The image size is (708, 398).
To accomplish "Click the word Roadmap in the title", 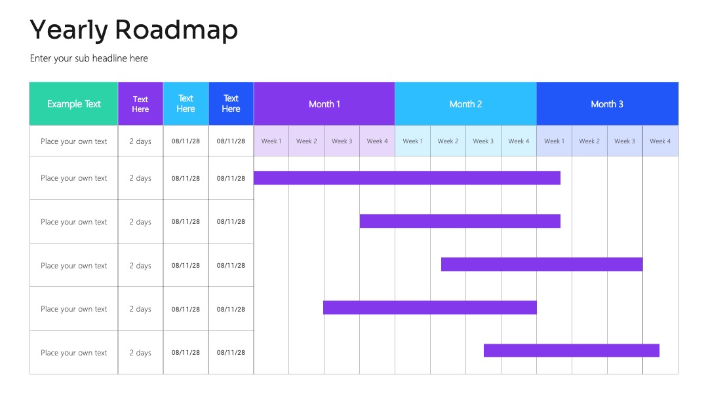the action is [176, 29].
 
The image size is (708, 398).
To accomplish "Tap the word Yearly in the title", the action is [69, 31].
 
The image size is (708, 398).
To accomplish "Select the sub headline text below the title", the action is [89, 59].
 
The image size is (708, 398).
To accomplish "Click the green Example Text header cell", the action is [73, 103].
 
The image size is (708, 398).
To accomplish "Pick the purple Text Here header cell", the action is [140, 103].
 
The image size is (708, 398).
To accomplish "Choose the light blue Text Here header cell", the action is [186, 103].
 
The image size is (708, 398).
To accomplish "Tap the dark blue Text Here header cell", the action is [231, 103].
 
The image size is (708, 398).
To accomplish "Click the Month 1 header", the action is [324, 103].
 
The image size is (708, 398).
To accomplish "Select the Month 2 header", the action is [465, 103].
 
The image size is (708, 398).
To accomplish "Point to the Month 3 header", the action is [607, 103].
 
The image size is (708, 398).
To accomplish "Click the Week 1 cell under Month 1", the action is [271, 141].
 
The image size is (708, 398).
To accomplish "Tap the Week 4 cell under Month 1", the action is [377, 141].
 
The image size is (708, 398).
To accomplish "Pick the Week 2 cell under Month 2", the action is [448, 141].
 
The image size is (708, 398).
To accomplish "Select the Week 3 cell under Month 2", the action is [483, 141].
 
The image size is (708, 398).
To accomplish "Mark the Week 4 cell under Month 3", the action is [660, 141].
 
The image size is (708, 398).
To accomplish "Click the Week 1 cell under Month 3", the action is [554, 141].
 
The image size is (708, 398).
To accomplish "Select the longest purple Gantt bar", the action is [407, 178].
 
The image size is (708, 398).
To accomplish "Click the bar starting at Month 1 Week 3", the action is [430, 308].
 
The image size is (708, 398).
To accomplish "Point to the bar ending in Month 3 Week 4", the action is [572, 350].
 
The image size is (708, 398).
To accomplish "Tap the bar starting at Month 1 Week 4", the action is [460, 221].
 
